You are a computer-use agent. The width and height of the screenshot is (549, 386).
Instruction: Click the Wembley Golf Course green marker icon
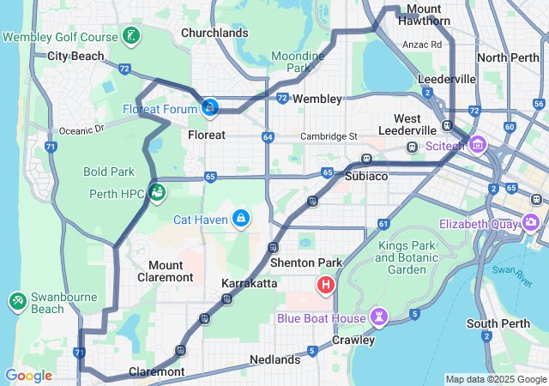point(130,36)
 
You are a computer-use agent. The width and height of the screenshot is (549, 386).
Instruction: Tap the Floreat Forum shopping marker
point(209,107)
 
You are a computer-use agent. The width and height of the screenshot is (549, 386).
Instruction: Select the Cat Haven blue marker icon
point(243,219)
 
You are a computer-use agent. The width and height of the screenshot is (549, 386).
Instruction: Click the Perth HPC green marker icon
point(157,192)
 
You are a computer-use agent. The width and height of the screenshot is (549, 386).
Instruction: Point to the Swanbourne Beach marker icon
point(18,301)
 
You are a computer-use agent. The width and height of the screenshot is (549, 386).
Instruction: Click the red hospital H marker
point(327,285)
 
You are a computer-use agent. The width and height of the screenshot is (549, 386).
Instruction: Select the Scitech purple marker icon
point(476,145)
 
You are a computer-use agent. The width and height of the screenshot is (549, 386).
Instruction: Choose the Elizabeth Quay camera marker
point(530,223)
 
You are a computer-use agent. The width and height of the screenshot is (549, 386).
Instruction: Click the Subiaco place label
point(366,176)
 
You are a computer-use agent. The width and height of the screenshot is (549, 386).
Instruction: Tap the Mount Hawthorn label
point(424,15)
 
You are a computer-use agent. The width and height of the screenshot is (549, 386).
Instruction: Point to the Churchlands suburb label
point(214,33)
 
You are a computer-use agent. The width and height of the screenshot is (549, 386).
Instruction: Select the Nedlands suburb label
point(275,359)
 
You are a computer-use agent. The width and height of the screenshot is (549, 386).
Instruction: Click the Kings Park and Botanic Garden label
point(401,257)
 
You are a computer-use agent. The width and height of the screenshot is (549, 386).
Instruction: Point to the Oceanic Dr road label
point(81,130)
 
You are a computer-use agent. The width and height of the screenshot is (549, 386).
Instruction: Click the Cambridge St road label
point(329,136)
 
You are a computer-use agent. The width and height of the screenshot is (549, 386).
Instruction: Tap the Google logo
point(29,376)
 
